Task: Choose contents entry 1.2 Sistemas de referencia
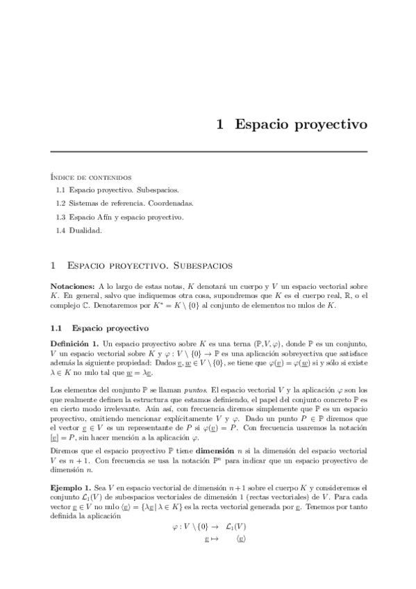point(124,204)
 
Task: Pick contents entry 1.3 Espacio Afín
point(119,217)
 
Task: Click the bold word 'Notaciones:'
point(73,286)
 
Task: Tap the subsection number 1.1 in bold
point(57,327)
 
